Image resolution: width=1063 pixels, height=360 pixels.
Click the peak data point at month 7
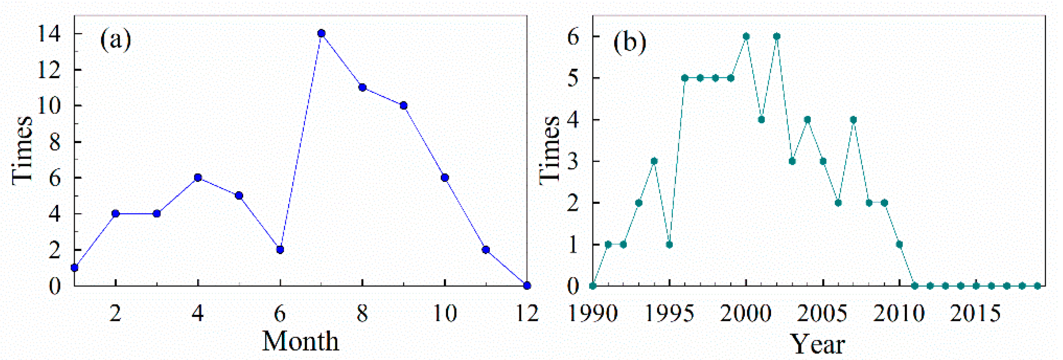click(x=321, y=33)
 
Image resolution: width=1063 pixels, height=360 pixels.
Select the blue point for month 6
click(x=280, y=250)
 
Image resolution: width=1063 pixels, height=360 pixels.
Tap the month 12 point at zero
click(x=527, y=286)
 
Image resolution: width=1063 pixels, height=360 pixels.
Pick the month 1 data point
click(x=75, y=268)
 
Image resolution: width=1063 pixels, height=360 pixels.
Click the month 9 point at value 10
click(x=404, y=106)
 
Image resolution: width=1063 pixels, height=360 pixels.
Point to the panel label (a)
click(x=115, y=40)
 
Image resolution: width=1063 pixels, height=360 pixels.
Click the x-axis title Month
click(x=300, y=342)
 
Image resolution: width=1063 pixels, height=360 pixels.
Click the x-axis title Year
click(x=817, y=344)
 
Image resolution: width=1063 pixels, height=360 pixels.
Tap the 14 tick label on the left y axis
click(x=49, y=34)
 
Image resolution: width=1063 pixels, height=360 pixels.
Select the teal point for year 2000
click(x=746, y=36)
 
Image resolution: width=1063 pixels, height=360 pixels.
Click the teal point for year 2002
click(x=776, y=36)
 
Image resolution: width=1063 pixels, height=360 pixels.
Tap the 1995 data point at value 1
click(x=669, y=245)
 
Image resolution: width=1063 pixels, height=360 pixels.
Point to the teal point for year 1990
click(x=593, y=286)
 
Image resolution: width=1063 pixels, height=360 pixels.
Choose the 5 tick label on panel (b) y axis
click(x=574, y=78)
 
